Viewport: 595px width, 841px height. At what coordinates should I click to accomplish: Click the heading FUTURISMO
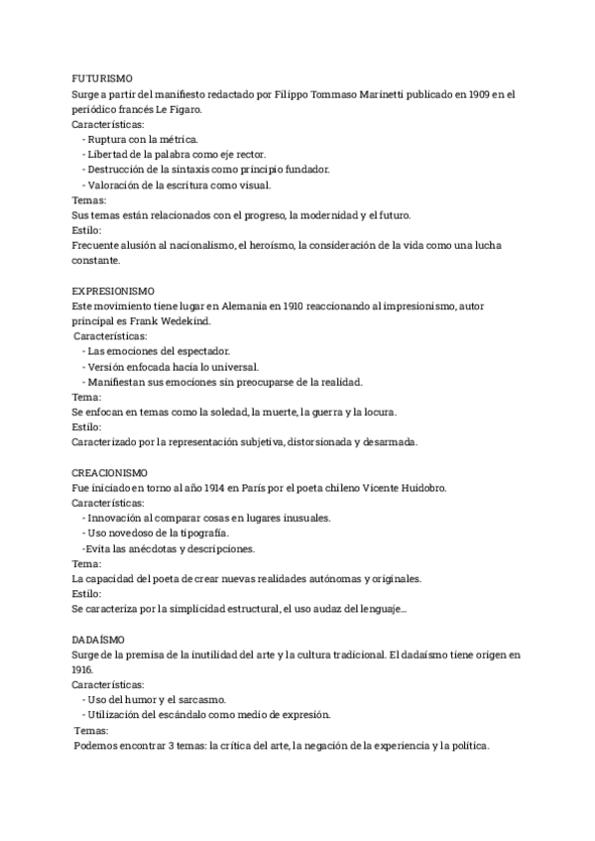click(102, 77)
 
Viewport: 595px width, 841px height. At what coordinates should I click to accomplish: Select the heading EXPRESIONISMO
click(113, 291)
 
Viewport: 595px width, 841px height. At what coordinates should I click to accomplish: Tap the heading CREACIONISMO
click(110, 473)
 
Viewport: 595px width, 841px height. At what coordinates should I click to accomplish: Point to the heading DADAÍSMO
click(97, 640)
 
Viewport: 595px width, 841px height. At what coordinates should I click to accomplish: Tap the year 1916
click(83, 670)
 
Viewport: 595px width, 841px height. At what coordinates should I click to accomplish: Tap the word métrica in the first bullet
click(177, 139)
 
